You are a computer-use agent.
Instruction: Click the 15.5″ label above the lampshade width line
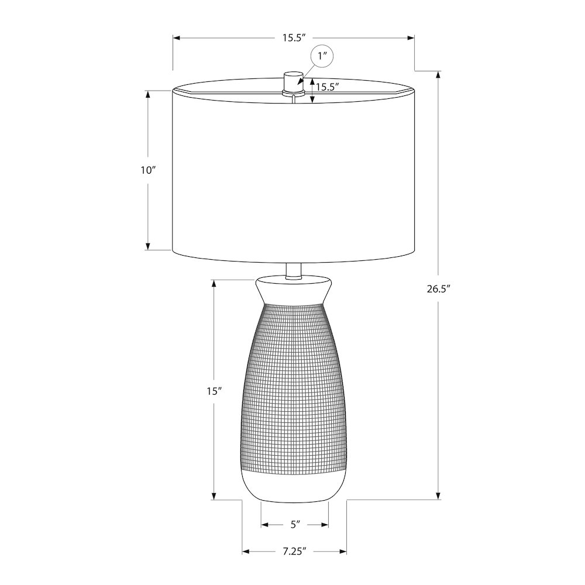click(294, 37)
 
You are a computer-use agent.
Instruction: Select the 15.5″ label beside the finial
click(327, 87)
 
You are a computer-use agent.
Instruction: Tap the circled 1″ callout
click(322, 57)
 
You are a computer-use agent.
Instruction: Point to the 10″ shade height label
click(148, 170)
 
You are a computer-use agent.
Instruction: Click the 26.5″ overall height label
click(439, 289)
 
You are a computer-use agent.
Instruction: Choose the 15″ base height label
click(215, 391)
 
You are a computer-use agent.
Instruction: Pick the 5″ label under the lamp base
click(295, 525)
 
